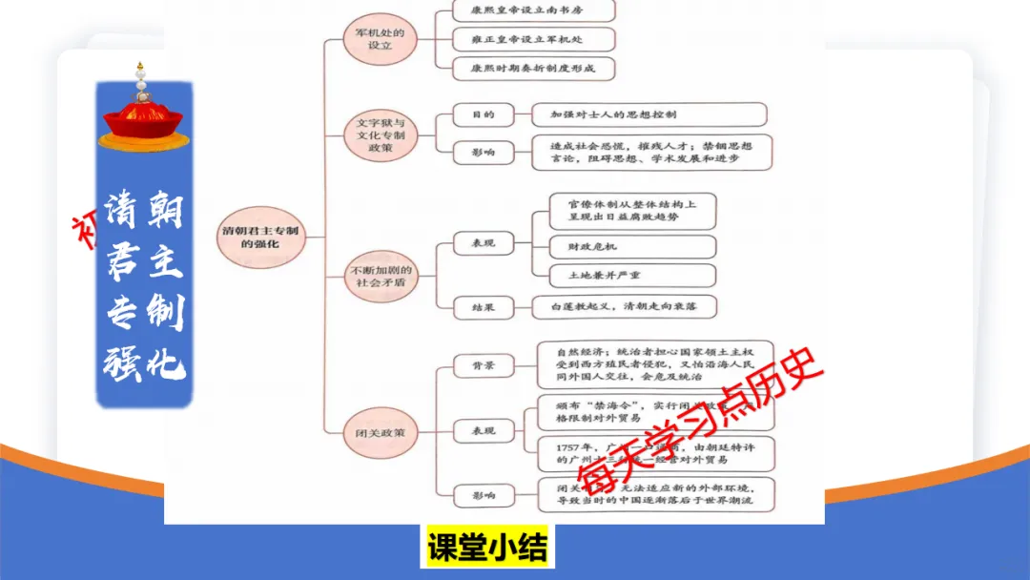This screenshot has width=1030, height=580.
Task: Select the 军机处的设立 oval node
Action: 381,39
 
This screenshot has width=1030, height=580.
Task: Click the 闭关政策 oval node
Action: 381,432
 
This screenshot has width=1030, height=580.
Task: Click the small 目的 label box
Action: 483,115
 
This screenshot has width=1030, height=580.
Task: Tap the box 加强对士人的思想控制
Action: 649,115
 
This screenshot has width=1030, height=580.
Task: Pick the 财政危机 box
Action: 632,246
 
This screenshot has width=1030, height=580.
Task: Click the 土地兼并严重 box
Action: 632,276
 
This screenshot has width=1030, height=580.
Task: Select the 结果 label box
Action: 483,307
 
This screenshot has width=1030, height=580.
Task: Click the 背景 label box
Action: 483,366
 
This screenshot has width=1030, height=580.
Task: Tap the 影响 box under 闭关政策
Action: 483,495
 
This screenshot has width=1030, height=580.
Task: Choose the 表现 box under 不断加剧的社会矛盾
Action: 483,244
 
